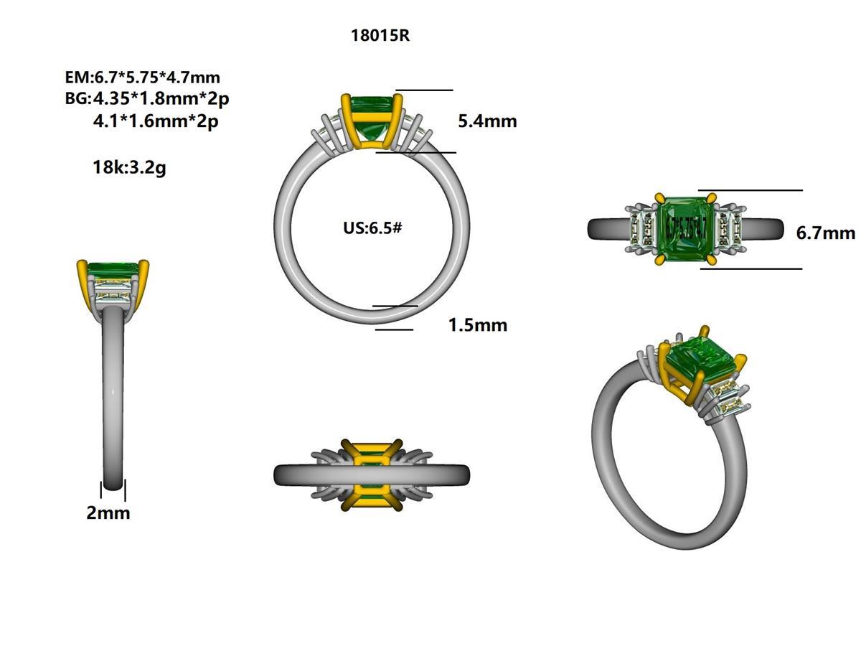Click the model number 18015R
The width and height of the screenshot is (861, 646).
pyautogui.click(x=380, y=35)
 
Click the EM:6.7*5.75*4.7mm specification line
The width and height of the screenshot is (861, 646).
pyautogui.click(x=142, y=77)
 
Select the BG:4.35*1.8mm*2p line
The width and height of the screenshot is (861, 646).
pyautogui.click(x=146, y=98)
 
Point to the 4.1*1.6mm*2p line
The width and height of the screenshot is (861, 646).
pyautogui.click(x=156, y=121)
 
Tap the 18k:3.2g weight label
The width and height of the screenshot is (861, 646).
pyautogui.click(x=129, y=168)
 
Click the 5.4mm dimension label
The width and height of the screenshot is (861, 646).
pyautogui.click(x=487, y=121)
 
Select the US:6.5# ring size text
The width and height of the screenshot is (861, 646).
pyautogui.click(x=372, y=228)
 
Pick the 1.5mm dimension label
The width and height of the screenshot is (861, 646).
pyautogui.click(x=477, y=325)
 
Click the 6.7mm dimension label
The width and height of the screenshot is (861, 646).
pyautogui.click(x=825, y=233)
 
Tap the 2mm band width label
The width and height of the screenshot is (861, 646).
pyautogui.click(x=108, y=512)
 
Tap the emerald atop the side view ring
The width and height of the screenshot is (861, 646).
pyautogui.click(x=112, y=270)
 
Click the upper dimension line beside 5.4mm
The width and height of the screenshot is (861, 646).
pyautogui.click(x=424, y=90)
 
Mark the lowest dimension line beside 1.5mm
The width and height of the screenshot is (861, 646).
pyautogui.click(x=394, y=329)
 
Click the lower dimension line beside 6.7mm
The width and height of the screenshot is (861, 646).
pyautogui.click(x=751, y=269)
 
